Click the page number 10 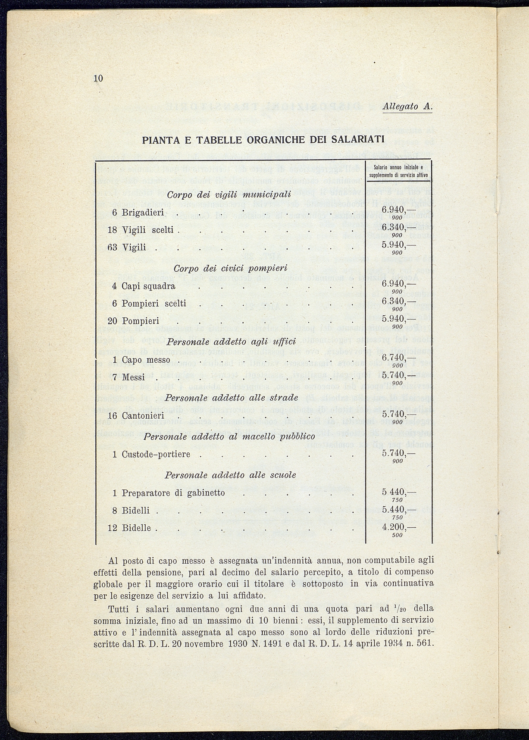point(98,78)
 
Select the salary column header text point(398,171)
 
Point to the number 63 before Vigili point(113,248)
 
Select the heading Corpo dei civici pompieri point(230,268)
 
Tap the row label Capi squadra point(148,286)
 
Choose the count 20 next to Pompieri point(112,321)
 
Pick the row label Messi point(133,377)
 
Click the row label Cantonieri point(143,416)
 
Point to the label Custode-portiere point(156,454)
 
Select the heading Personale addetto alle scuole point(230,475)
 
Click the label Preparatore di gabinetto point(173,493)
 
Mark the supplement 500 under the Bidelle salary point(397,535)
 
